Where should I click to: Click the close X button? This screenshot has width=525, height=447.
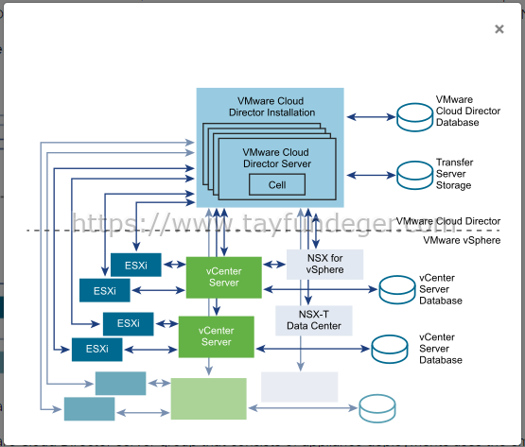click(x=499, y=29)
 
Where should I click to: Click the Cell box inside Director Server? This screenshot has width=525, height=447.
click(x=277, y=184)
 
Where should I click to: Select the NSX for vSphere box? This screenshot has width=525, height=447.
click(x=324, y=264)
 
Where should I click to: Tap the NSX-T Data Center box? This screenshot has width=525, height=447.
click(x=314, y=320)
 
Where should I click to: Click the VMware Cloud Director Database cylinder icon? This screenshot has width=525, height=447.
click(x=414, y=117)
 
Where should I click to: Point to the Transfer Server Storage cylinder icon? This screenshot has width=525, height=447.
click(x=414, y=176)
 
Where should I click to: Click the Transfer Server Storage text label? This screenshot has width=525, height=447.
click(x=454, y=174)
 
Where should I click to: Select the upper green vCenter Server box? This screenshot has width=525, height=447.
click(x=223, y=277)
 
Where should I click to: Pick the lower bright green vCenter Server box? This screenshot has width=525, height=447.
click(x=217, y=336)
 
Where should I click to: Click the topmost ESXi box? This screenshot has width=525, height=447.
click(x=136, y=265)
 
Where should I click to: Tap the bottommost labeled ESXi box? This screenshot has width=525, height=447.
click(x=97, y=350)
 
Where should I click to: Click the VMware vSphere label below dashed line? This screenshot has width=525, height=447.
click(x=462, y=240)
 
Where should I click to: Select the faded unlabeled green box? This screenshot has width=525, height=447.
click(x=209, y=399)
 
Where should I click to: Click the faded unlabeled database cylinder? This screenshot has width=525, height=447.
click(x=377, y=408)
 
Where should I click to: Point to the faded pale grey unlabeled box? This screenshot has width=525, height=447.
click(x=299, y=387)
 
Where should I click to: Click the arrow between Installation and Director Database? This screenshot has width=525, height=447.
click(x=371, y=117)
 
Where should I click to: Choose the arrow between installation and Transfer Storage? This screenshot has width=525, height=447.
click(x=371, y=175)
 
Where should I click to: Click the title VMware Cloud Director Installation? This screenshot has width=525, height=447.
click(x=271, y=107)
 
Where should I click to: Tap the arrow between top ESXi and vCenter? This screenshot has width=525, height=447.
click(x=174, y=265)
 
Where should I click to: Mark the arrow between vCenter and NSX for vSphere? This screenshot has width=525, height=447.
click(x=274, y=265)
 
